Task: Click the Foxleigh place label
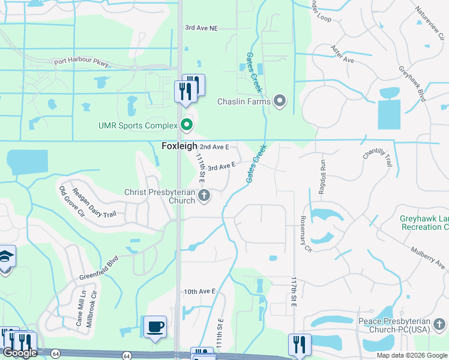tap(178, 146)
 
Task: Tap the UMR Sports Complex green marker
tap(187, 125)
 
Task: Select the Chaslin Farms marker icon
tap(280, 101)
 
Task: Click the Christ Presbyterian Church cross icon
tap(204, 195)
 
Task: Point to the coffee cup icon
tap(155, 326)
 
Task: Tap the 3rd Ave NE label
tap(201, 28)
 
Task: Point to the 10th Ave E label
tap(199, 292)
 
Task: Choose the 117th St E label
tap(294, 292)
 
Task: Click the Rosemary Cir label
tap(306, 234)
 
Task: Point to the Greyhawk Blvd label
tap(412, 82)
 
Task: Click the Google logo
tap(20, 353)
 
